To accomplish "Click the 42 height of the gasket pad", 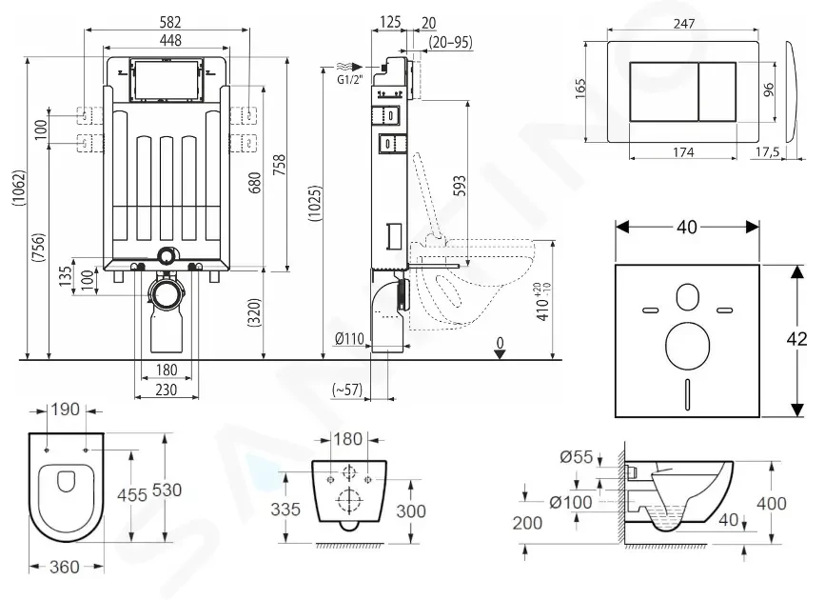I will click(x=801, y=340).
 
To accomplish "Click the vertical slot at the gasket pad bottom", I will click(x=687, y=392).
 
